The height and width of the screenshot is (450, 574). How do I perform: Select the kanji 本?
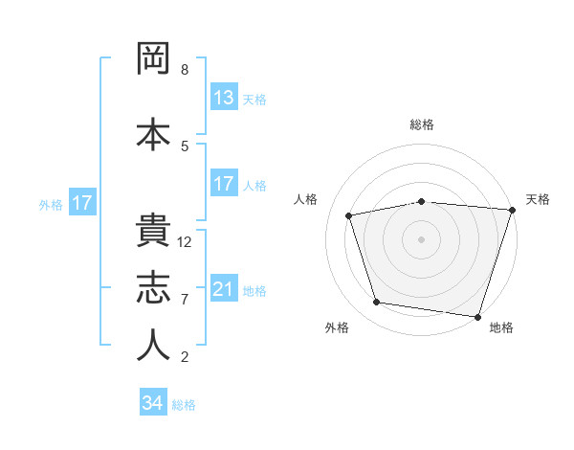153,133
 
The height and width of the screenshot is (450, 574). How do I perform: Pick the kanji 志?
153,289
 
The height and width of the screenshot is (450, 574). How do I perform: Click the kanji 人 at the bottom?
153,346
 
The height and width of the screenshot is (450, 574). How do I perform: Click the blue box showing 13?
224,98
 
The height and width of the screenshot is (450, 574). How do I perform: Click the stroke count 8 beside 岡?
185,70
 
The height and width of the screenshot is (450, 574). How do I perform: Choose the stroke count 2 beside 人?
185,357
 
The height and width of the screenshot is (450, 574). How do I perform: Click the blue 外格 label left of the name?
51,204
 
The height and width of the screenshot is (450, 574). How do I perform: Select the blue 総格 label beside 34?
184,405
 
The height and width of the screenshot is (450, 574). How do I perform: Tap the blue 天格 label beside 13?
254,100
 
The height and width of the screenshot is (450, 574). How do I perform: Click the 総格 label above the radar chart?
422,124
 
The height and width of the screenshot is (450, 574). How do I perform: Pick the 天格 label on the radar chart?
538,199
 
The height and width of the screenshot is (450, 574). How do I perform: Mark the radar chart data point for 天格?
512,210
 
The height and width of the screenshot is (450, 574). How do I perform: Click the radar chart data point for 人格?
349,215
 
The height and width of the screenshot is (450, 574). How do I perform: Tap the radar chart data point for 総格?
422,201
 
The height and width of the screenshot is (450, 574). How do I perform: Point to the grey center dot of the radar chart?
422,238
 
